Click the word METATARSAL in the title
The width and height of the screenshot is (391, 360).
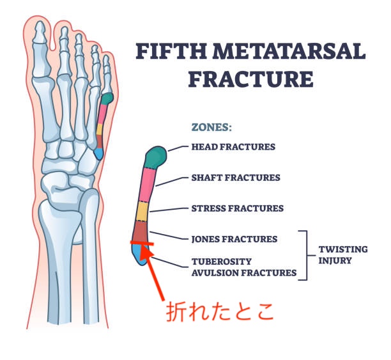(289, 51)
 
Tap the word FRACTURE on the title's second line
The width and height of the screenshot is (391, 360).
(250, 79)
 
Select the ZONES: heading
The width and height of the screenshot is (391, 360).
(211, 127)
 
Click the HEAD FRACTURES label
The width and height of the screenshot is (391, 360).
(233, 147)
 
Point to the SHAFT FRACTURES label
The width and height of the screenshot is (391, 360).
(236, 178)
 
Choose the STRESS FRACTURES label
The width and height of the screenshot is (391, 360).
(238, 208)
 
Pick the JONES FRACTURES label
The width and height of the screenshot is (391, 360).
(234, 239)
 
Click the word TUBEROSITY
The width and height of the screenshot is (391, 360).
(222, 262)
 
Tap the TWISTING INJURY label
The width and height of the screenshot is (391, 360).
(343, 255)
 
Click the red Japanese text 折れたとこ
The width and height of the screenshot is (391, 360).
(220, 312)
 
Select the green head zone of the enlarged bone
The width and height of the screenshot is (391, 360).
(156, 157)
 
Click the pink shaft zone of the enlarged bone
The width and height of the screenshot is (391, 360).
(148, 185)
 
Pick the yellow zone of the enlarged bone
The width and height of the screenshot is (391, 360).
(142, 212)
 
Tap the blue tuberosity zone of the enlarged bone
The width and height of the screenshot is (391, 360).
(140, 254)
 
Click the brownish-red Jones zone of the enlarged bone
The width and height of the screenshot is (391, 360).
(140, 231)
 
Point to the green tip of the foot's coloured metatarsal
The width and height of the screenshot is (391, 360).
(107, 98)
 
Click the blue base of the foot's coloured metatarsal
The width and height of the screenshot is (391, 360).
(98, 153)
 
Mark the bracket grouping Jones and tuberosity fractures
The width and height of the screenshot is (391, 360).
(307, 255)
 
